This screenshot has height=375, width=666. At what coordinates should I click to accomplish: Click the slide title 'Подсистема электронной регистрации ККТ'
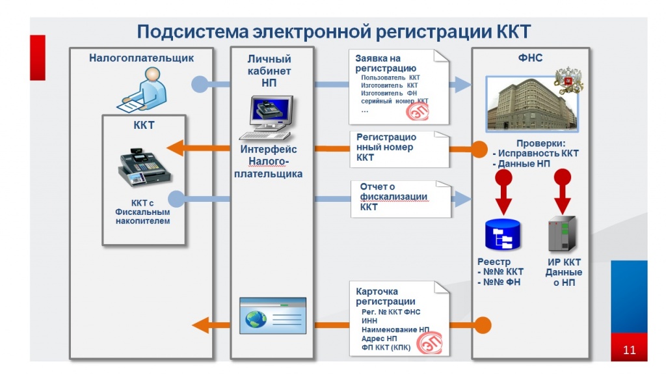pos(333,31)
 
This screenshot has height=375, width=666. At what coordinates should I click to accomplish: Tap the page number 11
pos(629,350)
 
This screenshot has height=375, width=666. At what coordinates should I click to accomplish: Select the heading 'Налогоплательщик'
pos(141,58)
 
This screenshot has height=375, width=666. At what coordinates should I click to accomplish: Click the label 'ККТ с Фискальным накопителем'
pos(142,212)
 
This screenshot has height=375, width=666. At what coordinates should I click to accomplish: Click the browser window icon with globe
pos(273,317)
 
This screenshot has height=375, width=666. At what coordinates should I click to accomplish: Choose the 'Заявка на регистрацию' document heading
pos(386,63)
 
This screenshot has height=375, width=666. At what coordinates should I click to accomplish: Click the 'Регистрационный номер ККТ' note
pos(386,147)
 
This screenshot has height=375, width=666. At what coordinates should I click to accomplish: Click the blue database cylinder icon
pos(503,236)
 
